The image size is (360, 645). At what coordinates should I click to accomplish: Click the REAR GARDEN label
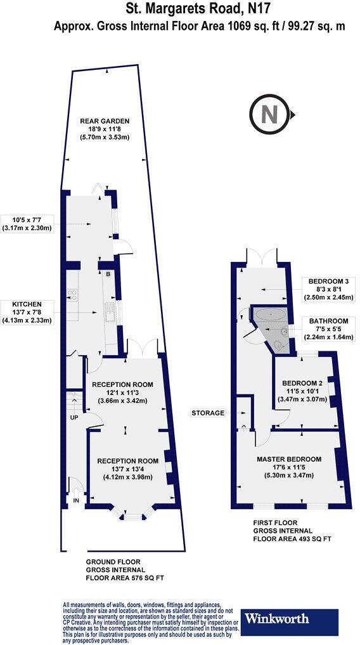pos(105,121)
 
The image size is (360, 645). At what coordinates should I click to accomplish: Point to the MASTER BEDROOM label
pos(289,459)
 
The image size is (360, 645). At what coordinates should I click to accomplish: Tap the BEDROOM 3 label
pos(329,281)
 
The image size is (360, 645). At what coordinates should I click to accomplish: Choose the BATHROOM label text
pos(329,320)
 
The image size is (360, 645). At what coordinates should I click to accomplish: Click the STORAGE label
pos(208,413)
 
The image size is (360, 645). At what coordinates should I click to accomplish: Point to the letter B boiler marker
pos(108,274)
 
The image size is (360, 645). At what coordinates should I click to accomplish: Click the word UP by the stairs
pos(74,418)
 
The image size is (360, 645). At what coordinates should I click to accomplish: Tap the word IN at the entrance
pos(77,501)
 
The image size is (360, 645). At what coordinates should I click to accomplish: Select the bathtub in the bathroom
pos(270,315)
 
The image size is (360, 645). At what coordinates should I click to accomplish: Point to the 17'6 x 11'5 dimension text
pos(289,468)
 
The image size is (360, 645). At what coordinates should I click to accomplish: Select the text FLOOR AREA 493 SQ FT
pos(292,538)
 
